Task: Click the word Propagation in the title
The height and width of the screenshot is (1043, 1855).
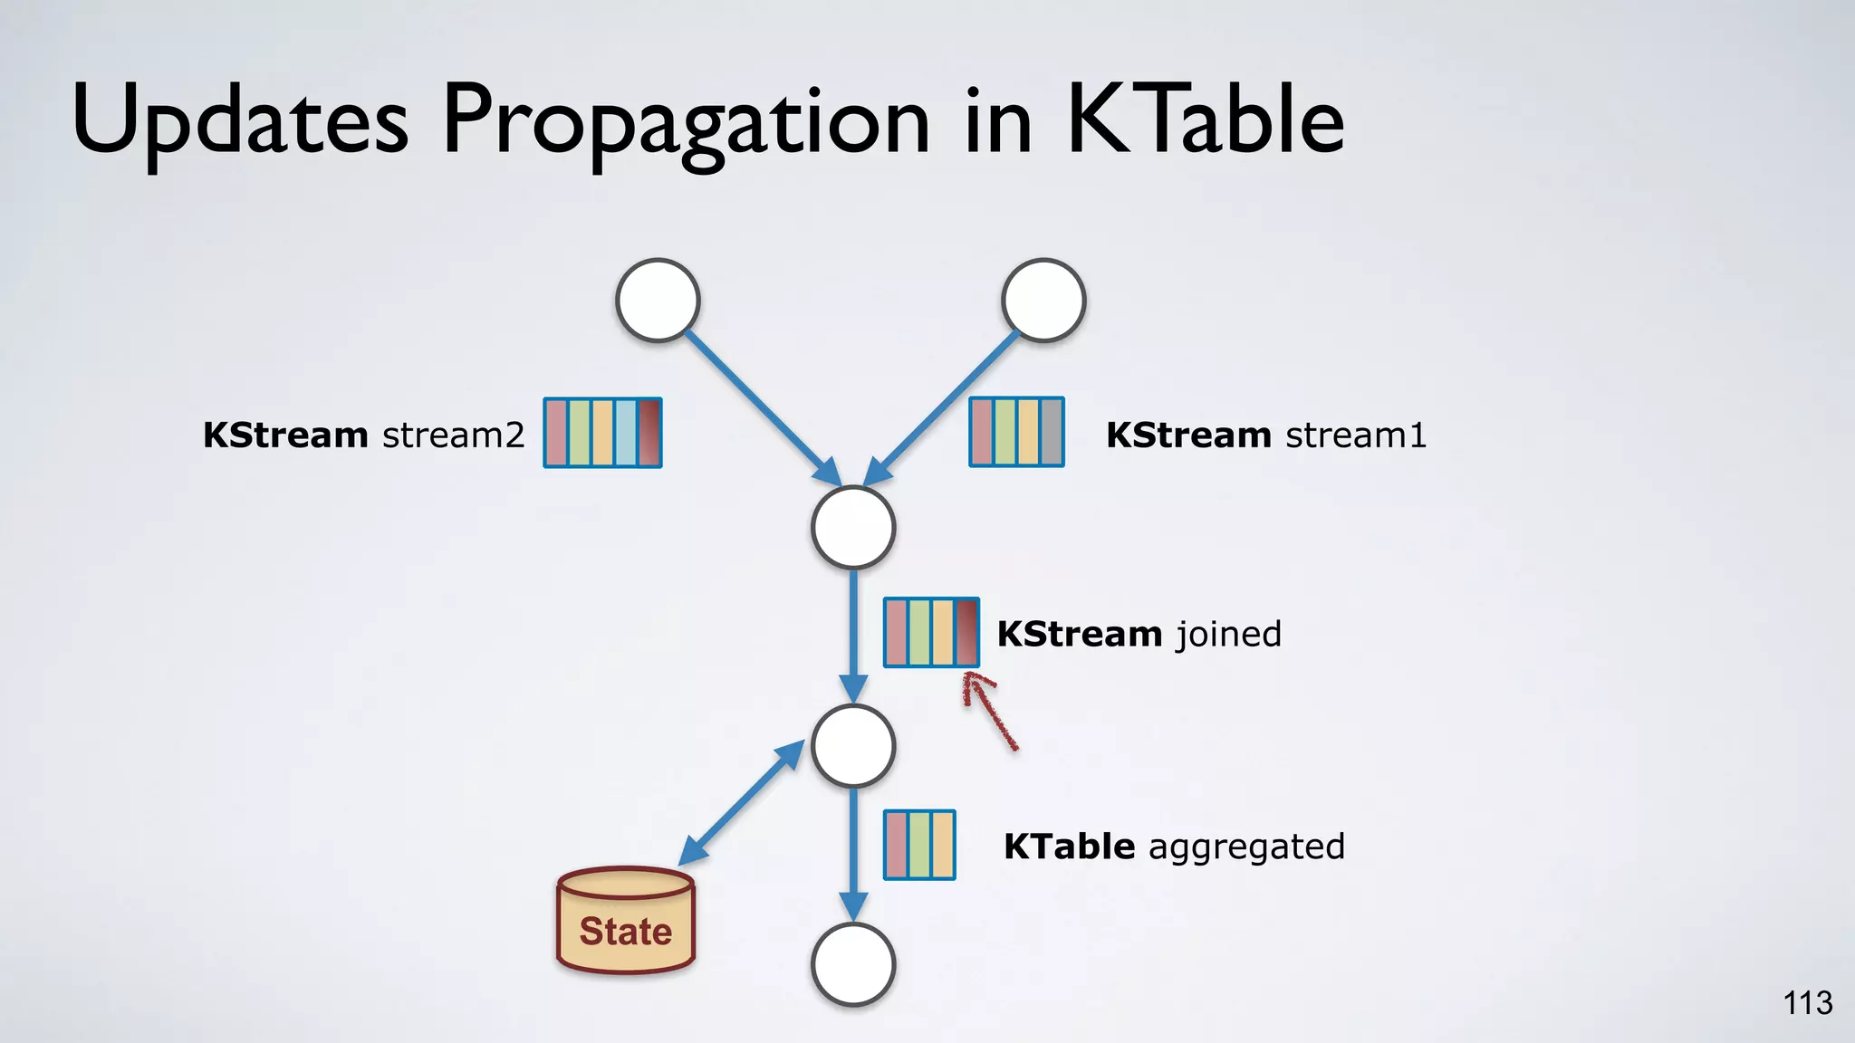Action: [x=686, y=122]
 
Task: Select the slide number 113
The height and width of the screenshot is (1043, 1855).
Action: [x=1807, y=1003]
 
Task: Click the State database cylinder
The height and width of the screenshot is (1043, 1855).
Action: [x=626, y=921]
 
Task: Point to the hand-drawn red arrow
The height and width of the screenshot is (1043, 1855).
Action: [x=989, y=711]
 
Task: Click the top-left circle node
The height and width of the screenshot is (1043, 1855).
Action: [x=658, y=301]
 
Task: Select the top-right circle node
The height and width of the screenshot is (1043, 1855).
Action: [x=1043, y=301]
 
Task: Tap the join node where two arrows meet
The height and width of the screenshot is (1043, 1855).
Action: [x=853, y=528]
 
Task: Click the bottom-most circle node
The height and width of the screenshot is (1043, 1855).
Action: [x=853, y=964]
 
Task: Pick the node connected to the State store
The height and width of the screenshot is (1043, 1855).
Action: [x=853, y=746]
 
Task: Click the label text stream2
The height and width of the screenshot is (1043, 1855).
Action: [x=453, y=435]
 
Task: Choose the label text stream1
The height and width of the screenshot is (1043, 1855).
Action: [x=1356, y=435]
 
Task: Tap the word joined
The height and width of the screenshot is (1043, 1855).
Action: [x=1229, y=634]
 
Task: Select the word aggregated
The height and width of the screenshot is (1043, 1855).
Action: [x=1246, y=847]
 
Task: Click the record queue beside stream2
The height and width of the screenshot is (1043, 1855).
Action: [x=602, y=433]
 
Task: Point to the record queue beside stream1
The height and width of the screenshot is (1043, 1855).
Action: [x=1016, y=432]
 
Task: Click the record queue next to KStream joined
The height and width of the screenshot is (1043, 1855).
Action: [x=931, y=633]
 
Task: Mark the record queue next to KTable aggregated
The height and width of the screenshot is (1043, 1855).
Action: [x=919, y=845]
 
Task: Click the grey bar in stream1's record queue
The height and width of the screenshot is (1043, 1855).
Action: [x=1051, y=432]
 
